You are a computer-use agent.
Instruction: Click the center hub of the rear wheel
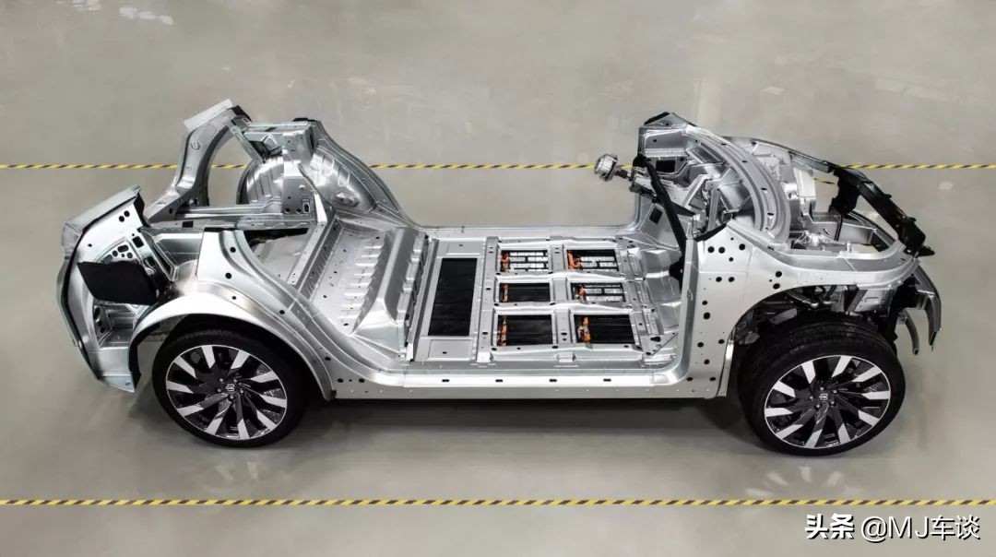pos(227,391)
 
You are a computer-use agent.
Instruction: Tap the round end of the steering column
pos(601,166)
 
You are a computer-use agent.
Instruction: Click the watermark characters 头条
pos(830,527)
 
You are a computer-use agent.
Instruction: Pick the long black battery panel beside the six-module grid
pos(452,297)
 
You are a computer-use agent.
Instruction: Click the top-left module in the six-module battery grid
pos(525,260)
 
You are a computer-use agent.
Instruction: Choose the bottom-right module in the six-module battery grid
pos(604,329)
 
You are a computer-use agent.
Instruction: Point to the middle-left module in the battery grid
pos(526,292)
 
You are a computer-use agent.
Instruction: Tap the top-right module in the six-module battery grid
pos(592,260)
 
